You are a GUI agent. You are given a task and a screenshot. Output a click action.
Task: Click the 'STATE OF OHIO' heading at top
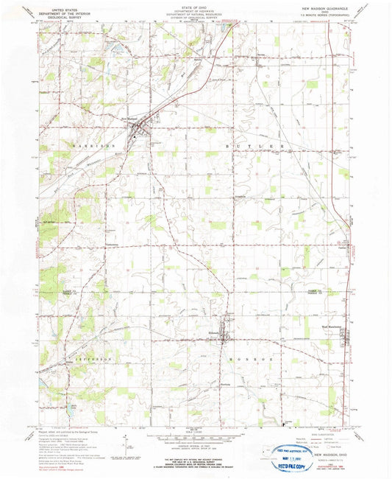tap(196, 5)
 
